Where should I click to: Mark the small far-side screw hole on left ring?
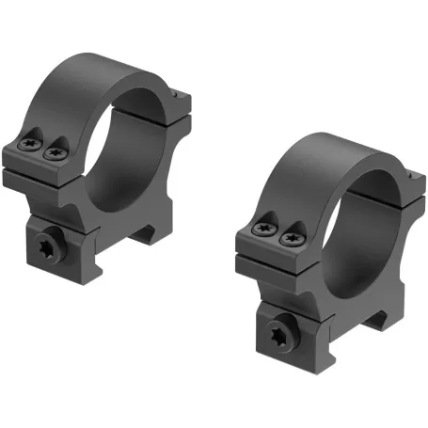[180, 94]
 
